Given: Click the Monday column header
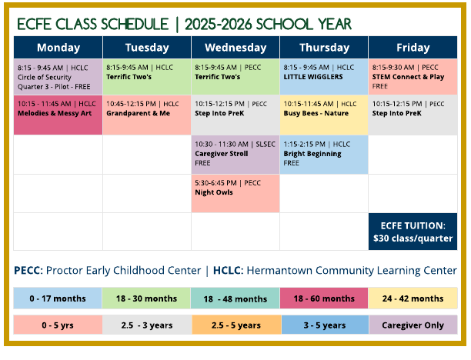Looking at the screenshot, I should pyautogui.click(x=58, y=47).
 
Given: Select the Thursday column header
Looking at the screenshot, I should pyautogui.click(x=323, y=47).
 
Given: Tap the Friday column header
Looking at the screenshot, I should pyautogui.click(x=413, y=47).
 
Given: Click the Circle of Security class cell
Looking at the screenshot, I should pyautogui.click(x=58, y=77).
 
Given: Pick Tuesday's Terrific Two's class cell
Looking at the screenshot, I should pyautogui.click(x=146, y=77).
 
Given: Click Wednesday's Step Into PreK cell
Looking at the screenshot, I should pyautogui.click(x=235, y=115).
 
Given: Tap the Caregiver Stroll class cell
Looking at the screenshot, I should pyautogui.click(x=235, y=154).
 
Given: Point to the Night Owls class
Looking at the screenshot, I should pyautogui.click(x=235, y=193).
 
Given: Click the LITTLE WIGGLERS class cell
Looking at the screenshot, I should pyautogui.click(x=323, y=77).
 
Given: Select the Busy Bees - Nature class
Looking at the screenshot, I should pyautogui.click(x=323, y=115).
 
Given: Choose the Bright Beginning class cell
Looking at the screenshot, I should pyautogui.click(x=323, y=154).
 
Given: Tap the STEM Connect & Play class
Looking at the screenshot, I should pyautogui.click(x=413, y=77).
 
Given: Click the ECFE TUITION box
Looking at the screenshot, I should pyautogui.click(x=413, y=231).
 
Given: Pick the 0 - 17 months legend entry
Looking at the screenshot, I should pyautogui.click(x=58, y=298).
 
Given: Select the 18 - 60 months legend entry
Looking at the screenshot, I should pyautogui.click(x=324, y=298).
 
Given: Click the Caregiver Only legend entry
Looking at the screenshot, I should pyautogui.click(x=413, y=325).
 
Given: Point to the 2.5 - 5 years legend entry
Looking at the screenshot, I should pyautogui.click(x=235, y=325).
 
